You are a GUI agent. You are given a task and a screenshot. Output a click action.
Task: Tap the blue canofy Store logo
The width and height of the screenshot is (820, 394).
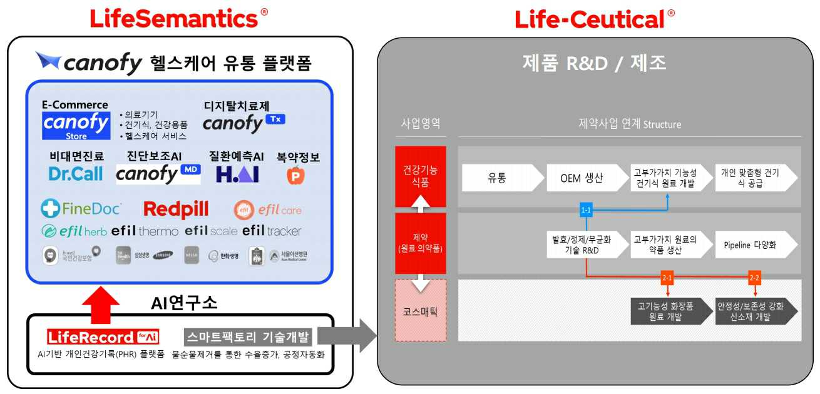(x=76, y=126)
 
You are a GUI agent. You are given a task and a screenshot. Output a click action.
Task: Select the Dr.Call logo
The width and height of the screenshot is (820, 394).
(x=76, y=174)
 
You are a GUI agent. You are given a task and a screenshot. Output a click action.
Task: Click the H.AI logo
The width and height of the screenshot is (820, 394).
(x=237, y=174)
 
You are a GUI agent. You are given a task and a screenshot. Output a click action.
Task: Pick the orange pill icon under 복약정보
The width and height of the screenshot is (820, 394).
(x=295, y=176)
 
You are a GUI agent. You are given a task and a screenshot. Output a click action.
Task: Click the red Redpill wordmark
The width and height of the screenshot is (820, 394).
(x=176, y=210)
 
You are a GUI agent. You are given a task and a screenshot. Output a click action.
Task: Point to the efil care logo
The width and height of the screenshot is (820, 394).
(x=267, y=210)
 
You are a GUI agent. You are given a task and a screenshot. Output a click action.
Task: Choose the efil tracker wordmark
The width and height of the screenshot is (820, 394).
(x=272, y=231)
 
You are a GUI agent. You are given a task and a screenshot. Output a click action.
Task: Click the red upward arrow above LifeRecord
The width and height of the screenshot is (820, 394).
(x=101, y=304)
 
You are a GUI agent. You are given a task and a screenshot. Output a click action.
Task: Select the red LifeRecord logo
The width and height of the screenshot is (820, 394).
(x=103, y=337)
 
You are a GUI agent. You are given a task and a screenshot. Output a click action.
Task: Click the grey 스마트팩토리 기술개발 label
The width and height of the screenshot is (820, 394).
(x=249, y=337)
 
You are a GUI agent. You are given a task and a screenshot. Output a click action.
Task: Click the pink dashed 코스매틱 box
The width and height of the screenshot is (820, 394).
(x=420, y=310)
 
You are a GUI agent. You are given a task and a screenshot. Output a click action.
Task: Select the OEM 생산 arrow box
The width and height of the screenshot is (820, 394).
(x=581, y=178)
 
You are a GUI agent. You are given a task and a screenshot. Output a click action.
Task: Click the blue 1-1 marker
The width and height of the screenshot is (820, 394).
(x=586, y=210)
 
